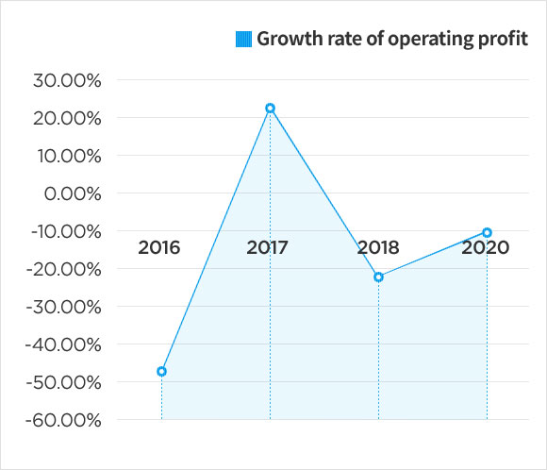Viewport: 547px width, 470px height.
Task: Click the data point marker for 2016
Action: point(161,372)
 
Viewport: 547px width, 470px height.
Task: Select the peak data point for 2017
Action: point(270,109)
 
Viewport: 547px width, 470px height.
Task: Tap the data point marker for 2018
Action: point(378,277)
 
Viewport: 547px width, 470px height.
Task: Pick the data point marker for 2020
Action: point(487,232)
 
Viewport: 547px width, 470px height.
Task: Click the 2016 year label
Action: point(158,248)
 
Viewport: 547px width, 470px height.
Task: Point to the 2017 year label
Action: point(267,248)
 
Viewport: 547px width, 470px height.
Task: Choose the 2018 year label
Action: point(377,248)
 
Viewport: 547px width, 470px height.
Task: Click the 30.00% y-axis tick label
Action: point(67,80)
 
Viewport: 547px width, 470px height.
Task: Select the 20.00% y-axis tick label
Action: point(67,118)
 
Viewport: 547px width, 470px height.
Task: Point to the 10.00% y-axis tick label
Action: point(67,156)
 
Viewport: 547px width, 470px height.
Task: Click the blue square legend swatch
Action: point(243,40)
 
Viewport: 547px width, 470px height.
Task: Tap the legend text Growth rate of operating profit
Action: point(392,40)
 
